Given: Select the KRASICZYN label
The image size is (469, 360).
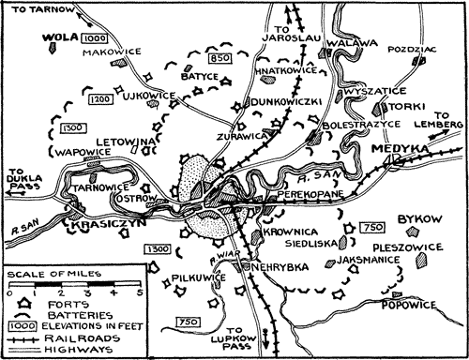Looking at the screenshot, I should point(97,229).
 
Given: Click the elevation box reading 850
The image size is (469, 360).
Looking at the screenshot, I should point(220,59).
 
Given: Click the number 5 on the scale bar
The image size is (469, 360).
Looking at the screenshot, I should point(139,292).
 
